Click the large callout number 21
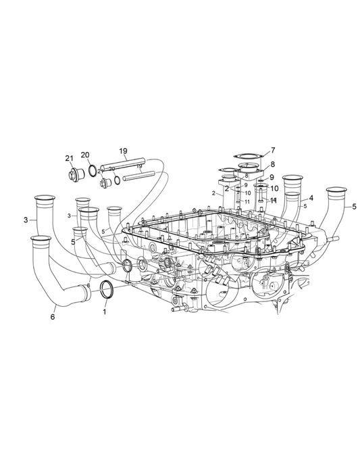(x=70, y=158)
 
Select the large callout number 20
(x=85, y=155)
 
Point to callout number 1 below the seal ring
(x=104, y=313)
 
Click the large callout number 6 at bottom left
(x=53, y=316)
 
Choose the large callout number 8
(x=273, y=164)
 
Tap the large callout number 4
(x=311, y=198)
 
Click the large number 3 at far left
(x=25, y=220)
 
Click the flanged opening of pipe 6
(x=41, y=239)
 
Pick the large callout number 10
(x=274, y=189)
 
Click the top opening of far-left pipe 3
(x=45, y=198)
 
